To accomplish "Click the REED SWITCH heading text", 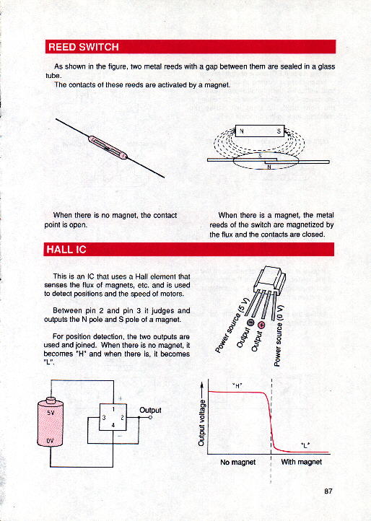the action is pos(84,47).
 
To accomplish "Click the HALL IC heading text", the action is pos(66,250).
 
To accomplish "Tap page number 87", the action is pos(328,491).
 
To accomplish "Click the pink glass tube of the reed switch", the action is pos(108,147).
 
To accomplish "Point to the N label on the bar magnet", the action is pos(242,131).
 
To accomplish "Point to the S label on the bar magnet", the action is pos(279,131).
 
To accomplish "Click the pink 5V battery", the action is pos(51,422).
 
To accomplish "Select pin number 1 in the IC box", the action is pos(113,409).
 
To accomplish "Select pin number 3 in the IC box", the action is pos(104,418).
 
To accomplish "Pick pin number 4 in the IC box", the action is pos(113,425).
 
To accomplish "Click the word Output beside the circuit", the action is pos(150,410).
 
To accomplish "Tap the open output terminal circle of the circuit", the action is pos(151,418).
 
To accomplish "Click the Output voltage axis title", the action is pos(201,422).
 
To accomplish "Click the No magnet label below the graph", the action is pos(238,462).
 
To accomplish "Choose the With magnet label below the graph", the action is pos(302,462).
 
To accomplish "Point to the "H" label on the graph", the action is pos(237,386).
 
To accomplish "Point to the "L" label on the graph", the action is pos(305,445).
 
